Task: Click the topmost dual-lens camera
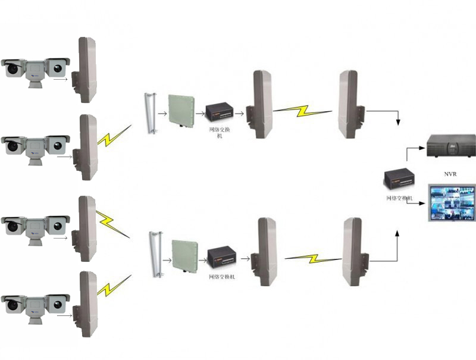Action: tap(36, 70)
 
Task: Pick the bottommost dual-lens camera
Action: tap(36, 303)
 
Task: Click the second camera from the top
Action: tap(36, 146)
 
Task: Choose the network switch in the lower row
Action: tap(221, 258)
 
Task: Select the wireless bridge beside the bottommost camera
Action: tap(87, 304)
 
